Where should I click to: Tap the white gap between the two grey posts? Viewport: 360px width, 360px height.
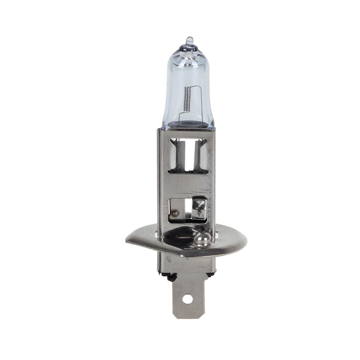coord(189,156)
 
